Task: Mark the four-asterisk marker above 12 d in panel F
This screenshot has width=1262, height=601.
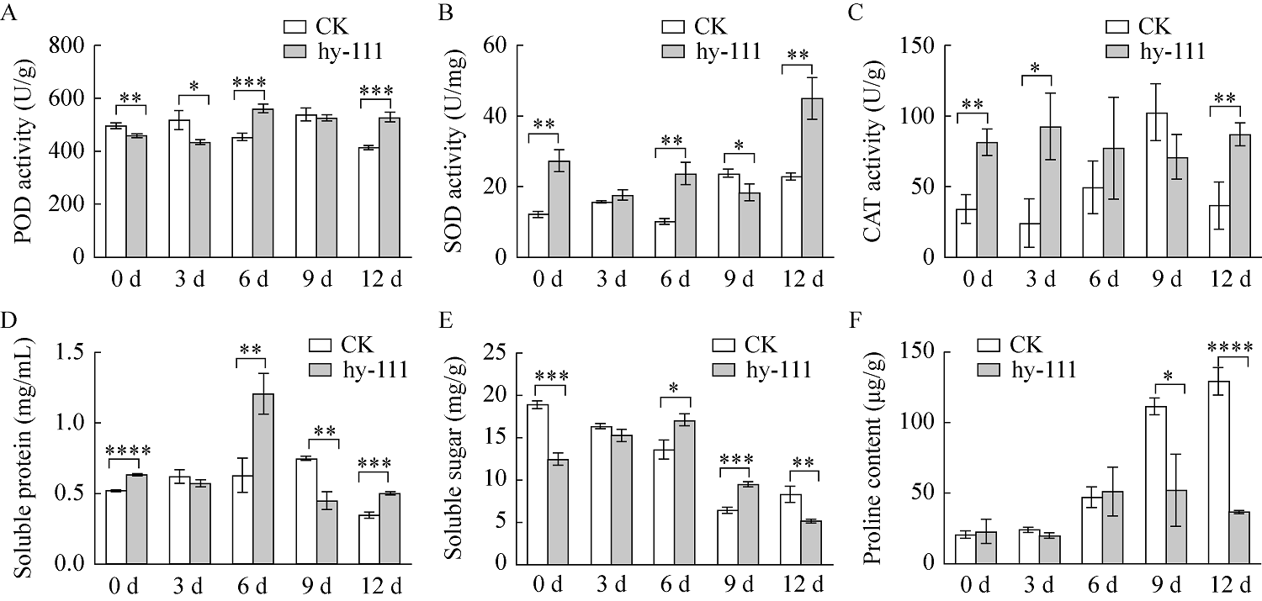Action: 1229,346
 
